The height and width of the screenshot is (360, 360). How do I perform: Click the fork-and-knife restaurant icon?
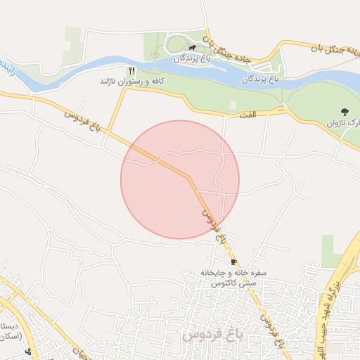coord(131,71)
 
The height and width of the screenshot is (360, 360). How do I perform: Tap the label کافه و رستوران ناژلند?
coord(131,82)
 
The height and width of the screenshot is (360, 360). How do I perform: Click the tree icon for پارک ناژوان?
coord(345,112)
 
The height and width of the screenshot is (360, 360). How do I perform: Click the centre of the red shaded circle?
coord(180,179)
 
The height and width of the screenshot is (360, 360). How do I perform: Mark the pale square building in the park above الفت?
coord(233,105)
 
